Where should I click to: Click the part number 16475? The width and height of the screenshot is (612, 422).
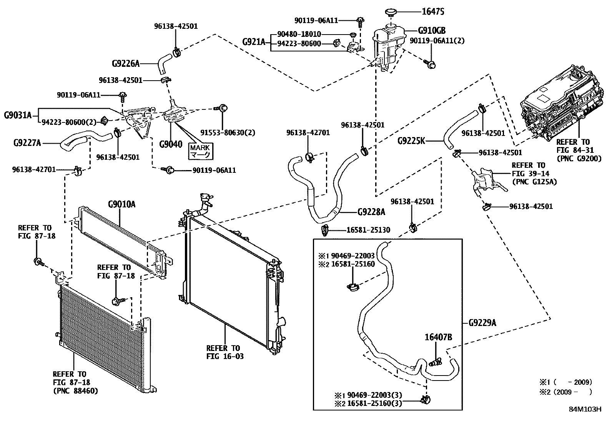(x=433, y=12)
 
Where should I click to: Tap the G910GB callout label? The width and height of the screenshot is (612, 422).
(x=432, y=31)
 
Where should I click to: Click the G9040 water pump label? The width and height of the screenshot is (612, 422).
(x=171, y=144)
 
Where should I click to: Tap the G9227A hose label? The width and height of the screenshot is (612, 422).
(x=27, y=143)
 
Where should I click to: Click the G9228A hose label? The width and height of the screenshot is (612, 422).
(x=371, y=212)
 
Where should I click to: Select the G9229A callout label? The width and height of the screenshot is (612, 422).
(x=482, y=323)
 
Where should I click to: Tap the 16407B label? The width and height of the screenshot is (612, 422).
(x=438, y=338)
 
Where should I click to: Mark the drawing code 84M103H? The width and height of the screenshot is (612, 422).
(x=585, y=409)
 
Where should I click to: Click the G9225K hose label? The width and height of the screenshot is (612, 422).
(x=411, y=141)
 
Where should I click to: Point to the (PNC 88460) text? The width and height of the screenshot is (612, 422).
(x=75, y=391)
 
